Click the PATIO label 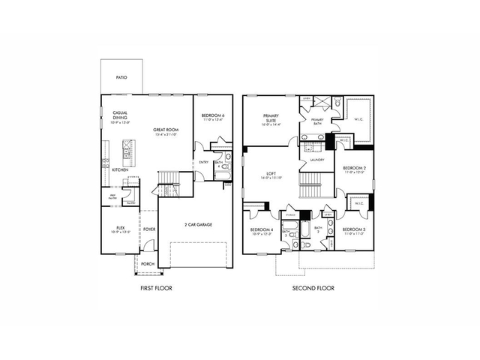(x=121, y=77)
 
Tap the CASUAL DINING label (x=120, y=117)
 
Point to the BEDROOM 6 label (x=213, y=116)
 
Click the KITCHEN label (x=120, y=170)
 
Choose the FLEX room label (x=120, y=228)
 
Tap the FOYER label (x=149, y=229)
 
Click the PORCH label (x=148, y=263)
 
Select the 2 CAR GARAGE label (x=198, y=224)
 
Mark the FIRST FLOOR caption (x=157, y=288)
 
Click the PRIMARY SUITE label (x=270, y=118)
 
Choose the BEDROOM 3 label (x=354, y=229)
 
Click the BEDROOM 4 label (x=261, y=229)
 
